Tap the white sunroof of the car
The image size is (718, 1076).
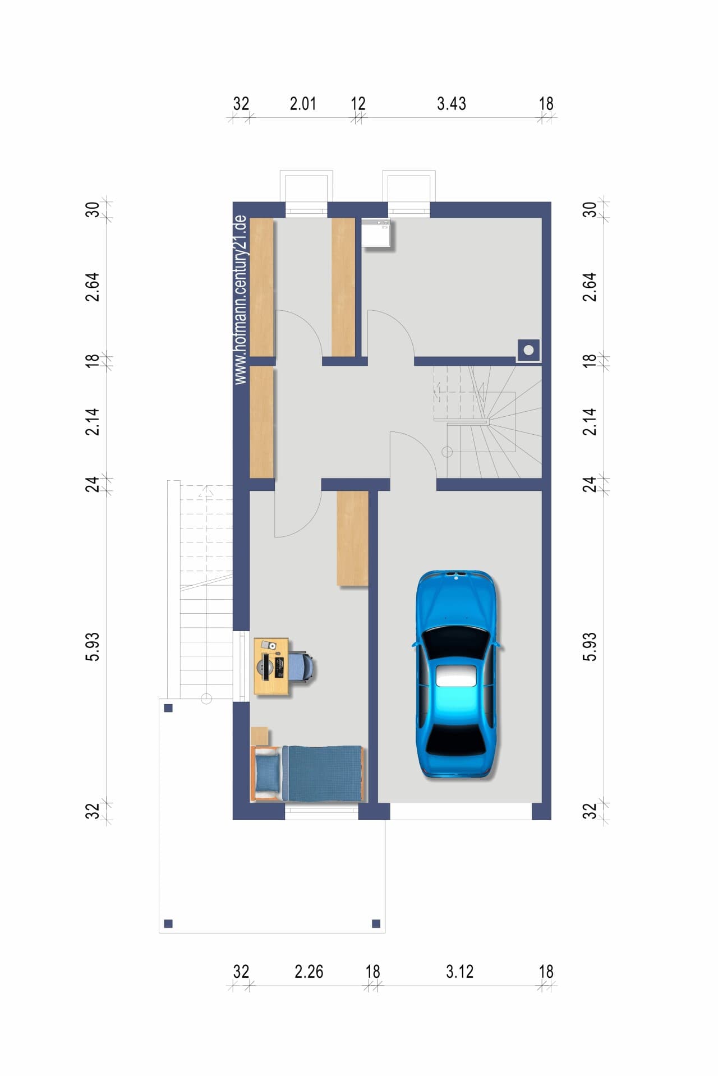pos(456,675)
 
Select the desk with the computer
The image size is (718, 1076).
pos(271,666)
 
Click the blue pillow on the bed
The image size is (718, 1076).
pos(268,772)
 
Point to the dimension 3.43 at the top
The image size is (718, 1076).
pos(452,104)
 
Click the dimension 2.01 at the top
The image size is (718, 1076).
pos(303,104)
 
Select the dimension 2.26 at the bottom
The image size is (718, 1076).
pos(309,972)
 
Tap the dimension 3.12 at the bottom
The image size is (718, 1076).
pos(460,972)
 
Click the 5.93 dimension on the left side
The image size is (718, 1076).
pos(93,646)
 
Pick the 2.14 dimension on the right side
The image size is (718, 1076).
pos(590,421)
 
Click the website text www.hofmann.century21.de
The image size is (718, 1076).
pos(241,300)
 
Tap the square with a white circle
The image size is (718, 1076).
pos(528,351)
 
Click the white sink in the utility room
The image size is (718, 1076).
pos(376,233)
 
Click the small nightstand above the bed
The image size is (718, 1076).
pos(260,736)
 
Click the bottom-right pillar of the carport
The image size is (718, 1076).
pos(376,923)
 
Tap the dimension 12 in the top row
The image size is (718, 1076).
pos(358,104)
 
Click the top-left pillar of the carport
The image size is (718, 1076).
pos(168,708)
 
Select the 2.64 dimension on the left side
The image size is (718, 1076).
pos(93,287)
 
